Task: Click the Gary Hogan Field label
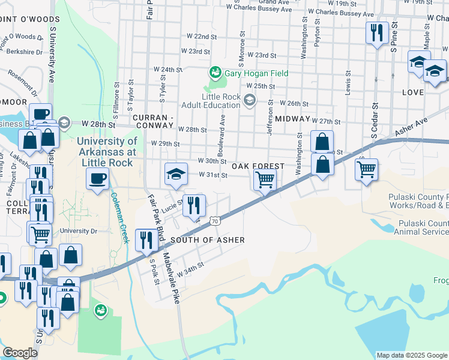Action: pyautogui.click(x=256, y=73)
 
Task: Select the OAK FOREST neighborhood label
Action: pyautogui.click(x=259, y=166)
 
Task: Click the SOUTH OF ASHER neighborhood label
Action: pyautogui.click(x=208, y=240)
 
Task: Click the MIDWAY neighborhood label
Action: pyautogui.click(x=293, y=119)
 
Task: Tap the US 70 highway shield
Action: pyautogui.click(x=214, y=221)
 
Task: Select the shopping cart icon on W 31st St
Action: pyautogui.click(x=264, y=179)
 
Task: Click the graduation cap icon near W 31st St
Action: pyautogui.click(x=175, y=174)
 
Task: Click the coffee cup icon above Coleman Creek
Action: pyautogui.click(x=97, y=178)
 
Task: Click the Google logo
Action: pyautogui.click(x=20, y=353)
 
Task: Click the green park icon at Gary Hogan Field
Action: pyautogui.click(x=215, y=73)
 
